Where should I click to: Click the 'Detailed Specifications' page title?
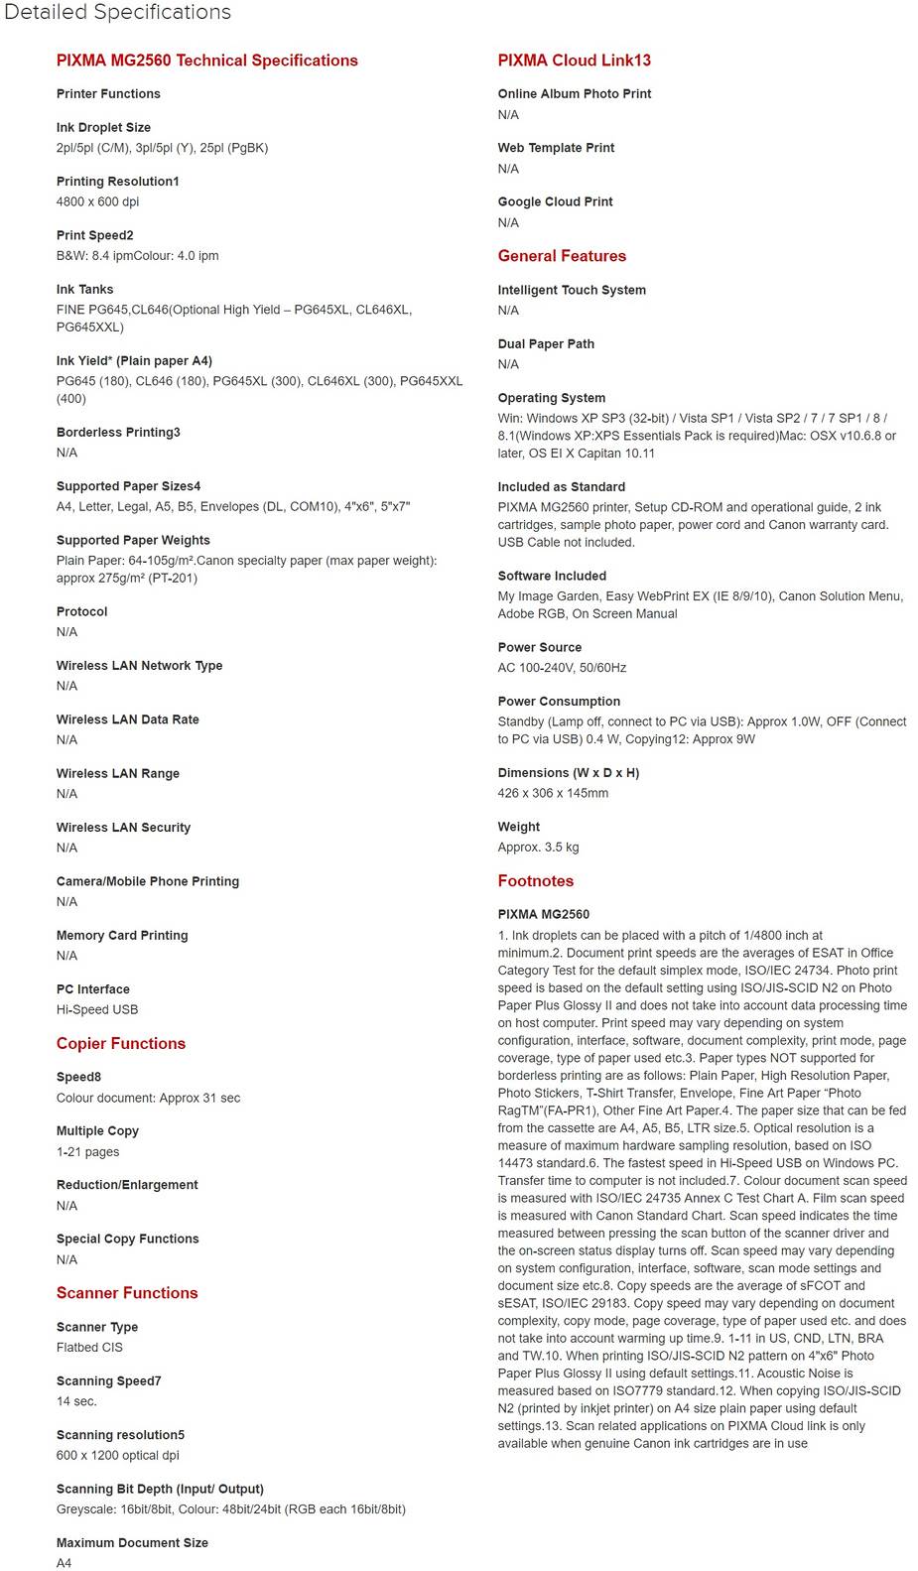pyautogui.click(x=117, y=13)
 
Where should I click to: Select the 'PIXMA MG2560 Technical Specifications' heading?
pyautogui.click(x=206, y=61)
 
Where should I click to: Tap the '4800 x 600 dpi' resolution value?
pyautogui.click(x=97, y=201)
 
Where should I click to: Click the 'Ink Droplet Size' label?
pyautogui.click(x=103, y=128)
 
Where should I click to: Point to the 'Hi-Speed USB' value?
pyautogui.click(x=97, y=1009)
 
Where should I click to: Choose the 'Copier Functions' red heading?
pyautogui.click(x=121, y=1043)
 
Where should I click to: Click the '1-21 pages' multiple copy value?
pyautogui.click(x=87, y=1152)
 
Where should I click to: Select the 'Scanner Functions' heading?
pyautogui.click(x=127, y=1293)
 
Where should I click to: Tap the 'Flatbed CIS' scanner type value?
pyautogui.click(x=89, y=1348)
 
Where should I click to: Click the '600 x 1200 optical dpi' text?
pyautogui.click(x=117, y=1455)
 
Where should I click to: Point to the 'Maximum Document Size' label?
pyautogui.click(x=132, y=1543)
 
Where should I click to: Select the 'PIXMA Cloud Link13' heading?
pyautogui.click(x=574, y=61)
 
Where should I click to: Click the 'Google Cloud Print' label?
pyautogui.click(x=555, y=201)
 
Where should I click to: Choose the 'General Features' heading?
pyautogui.click(x=562, y=256)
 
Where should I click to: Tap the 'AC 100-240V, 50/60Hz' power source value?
pyautogui.click(x=562, y=668)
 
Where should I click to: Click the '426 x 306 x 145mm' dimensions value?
pyautogui.click(x=553, y=793)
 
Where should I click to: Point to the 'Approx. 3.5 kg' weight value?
pyautogui.click(x=538, y=848)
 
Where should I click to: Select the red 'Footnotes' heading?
pyautogui.click(x=535, y=881)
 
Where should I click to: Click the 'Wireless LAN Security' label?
pyautogui.click(x=123, y=828)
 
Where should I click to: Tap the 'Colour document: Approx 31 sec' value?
pyautogui.click(x=148, y=1098)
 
